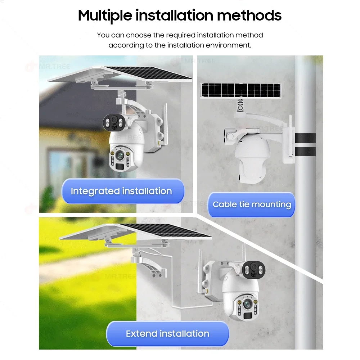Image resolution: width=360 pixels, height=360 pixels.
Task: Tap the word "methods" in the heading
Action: coord(249,15)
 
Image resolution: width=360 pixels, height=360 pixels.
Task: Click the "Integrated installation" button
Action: coord(123,191)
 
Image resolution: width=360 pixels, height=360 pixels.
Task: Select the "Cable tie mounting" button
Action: coord(251,204)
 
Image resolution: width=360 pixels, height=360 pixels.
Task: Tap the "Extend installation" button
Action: coord(167,333)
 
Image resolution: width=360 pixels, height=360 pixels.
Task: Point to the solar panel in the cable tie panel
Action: coord(240,90)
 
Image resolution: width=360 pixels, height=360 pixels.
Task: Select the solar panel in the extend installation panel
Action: coord(135,231)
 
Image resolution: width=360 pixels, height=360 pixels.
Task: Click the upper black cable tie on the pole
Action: coord(305,138)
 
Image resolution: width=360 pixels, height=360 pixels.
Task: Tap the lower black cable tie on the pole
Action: coord(305,152)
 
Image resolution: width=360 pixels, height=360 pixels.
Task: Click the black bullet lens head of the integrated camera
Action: coord(114,122)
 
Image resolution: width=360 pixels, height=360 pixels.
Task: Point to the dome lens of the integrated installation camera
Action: coord(120,156)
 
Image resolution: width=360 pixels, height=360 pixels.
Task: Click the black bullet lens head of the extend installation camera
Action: coord(253,270)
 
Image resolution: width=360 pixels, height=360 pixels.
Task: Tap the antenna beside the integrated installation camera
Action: coord(165,124)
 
